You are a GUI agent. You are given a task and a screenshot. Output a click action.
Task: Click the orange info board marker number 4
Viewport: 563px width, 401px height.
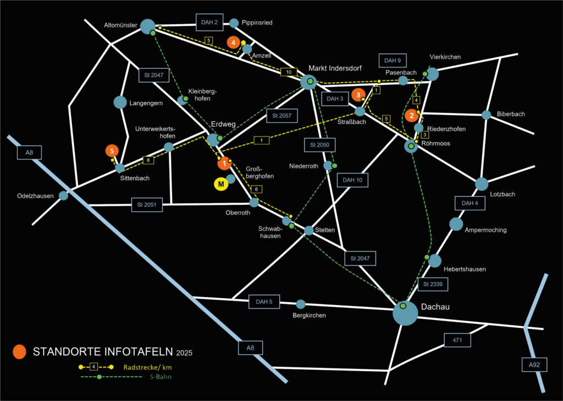click(234, 42)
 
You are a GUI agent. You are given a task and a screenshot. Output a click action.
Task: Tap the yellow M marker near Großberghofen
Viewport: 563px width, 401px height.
click(220, 185)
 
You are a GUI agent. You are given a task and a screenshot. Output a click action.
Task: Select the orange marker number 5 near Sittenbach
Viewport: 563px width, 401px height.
click(112, 150)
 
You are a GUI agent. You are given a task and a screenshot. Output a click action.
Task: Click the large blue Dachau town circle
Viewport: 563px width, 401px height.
click(405, 313)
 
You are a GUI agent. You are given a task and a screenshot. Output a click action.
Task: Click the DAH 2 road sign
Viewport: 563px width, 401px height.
click(209, 23)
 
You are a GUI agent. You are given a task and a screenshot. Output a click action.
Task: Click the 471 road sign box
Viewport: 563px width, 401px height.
click(457, 340)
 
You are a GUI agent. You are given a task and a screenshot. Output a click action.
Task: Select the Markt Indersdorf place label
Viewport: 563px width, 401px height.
click(335, 68)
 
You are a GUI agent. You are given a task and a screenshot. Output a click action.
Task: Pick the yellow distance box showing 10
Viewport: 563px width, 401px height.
click(289, 72)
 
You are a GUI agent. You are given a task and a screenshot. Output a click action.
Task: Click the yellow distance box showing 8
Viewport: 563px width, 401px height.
click(147, 160)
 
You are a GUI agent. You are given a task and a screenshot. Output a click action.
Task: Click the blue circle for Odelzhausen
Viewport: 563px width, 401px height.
click(64, 195)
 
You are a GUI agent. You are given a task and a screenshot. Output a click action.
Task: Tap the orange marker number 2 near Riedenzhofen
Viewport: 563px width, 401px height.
click(411, 116)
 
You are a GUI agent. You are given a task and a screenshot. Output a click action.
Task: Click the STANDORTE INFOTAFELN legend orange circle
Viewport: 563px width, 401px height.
click(20, 351)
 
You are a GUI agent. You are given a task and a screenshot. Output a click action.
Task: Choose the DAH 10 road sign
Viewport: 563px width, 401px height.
click(352, 180)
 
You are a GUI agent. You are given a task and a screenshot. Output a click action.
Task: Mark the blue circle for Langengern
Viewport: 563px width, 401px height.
click(120, 102)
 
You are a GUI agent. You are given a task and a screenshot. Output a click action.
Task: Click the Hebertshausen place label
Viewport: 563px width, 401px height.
click(465, 269)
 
